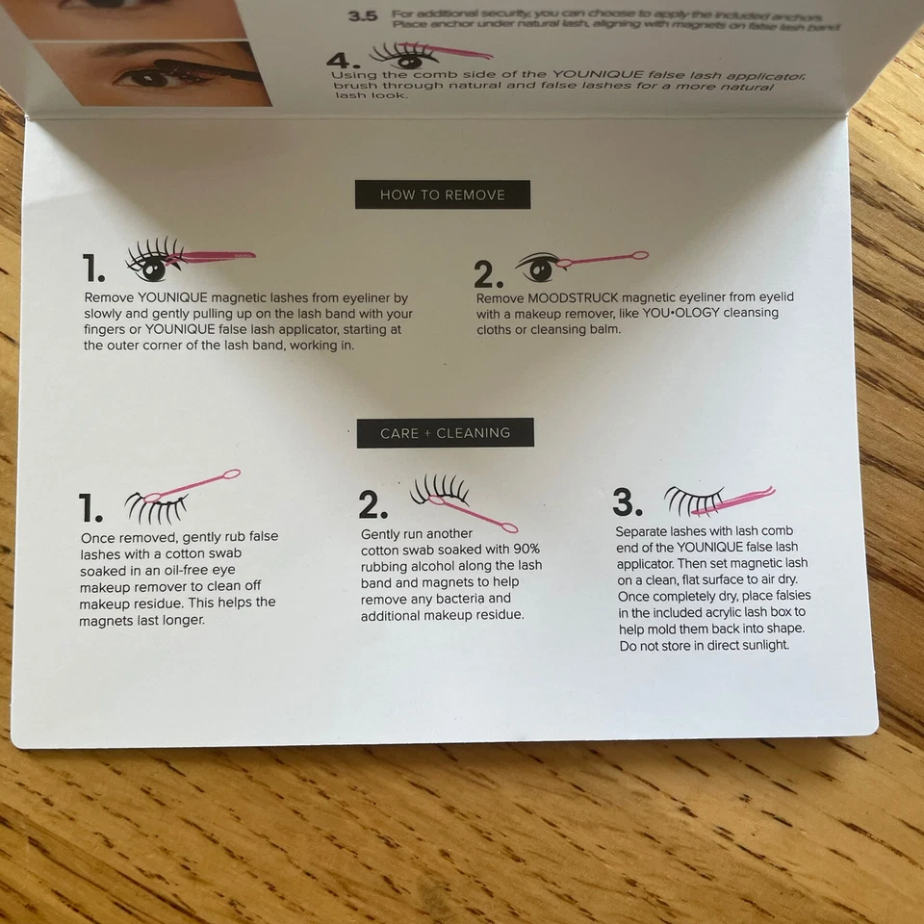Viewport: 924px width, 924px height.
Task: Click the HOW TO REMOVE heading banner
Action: point(442,194)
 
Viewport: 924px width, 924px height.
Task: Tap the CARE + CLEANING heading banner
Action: point(445,433)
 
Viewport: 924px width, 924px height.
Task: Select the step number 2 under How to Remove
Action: point(488,275)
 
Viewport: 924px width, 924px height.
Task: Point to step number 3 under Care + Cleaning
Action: point(628,501)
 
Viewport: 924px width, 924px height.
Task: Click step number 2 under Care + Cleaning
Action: point(373,505)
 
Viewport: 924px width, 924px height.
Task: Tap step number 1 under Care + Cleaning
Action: point(90,507)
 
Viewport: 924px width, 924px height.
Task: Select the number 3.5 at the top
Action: point(363,16)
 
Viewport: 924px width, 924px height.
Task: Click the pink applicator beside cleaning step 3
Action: point(741,498)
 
